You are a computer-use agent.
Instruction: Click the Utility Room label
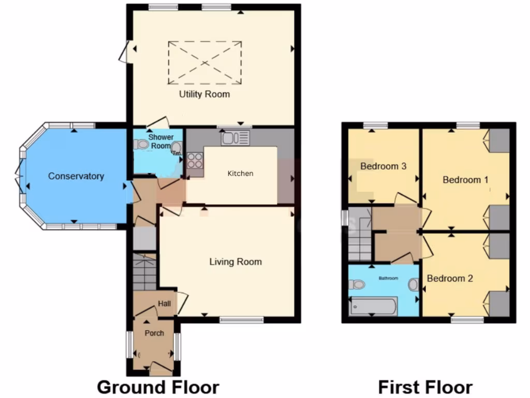204,94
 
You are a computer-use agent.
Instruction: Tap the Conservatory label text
76,176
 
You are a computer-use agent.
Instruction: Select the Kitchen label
241,173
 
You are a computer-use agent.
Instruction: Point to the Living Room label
235,262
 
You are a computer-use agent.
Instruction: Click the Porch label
154,333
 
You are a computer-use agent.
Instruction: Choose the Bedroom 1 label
465,180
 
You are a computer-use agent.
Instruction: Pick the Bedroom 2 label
450,278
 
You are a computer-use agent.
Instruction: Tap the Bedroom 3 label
383,166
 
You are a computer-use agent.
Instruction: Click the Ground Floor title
158,387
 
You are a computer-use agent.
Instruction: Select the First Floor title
425,387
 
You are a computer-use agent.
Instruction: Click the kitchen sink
235,138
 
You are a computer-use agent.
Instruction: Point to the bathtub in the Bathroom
373,306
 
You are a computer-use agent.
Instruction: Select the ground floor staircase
144,272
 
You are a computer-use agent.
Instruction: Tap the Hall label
164,304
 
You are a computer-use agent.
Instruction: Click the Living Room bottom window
241,320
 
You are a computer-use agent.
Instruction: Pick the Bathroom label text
388,278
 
